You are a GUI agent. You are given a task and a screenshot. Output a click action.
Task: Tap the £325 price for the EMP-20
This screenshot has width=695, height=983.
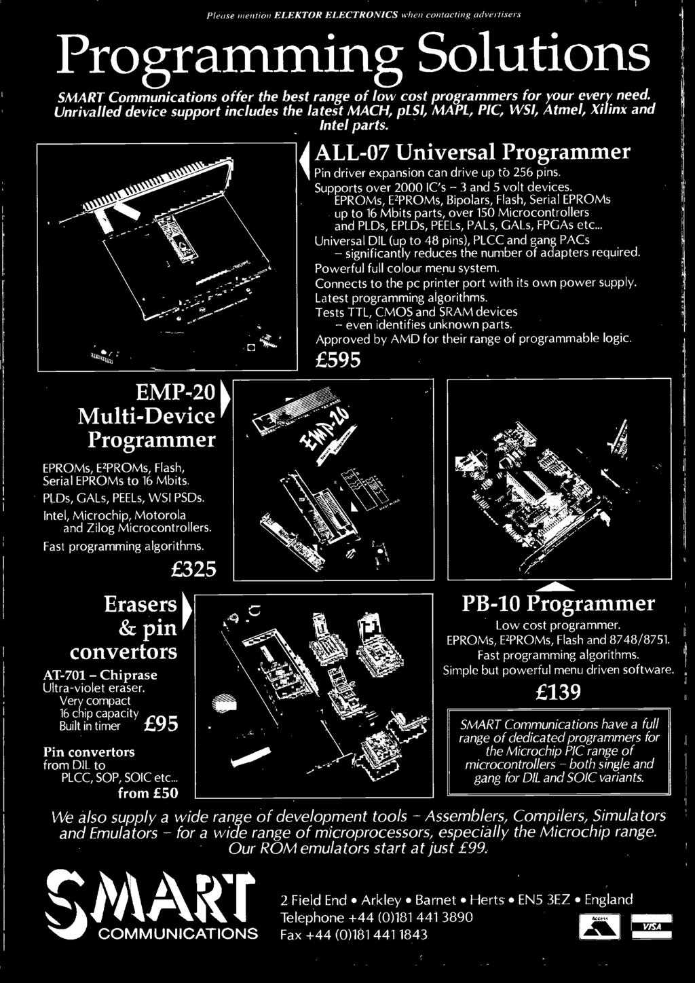click(x=191, y=568)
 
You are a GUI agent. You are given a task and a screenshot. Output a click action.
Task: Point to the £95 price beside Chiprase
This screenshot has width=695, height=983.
click(x=162, y=725)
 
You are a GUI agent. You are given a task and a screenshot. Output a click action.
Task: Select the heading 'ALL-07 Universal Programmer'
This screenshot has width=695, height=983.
click(x=471, y=151)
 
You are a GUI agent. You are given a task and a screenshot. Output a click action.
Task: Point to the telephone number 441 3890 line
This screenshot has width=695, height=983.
click(x=377, y=918)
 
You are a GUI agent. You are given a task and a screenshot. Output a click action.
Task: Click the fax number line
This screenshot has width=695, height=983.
click(x=354, y=935)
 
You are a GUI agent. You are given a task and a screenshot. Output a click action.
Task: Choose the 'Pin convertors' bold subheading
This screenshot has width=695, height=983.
click(x=88, y=752)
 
